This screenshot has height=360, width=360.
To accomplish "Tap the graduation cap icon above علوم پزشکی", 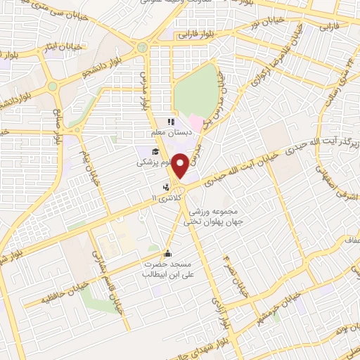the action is [x=155, y=151].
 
